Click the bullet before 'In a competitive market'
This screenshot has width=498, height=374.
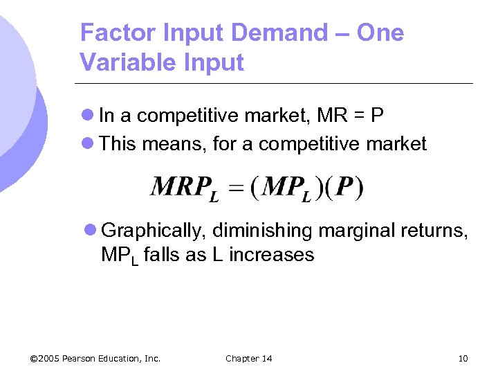(x=88, y=115)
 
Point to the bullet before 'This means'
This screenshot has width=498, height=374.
(x=88, y=144)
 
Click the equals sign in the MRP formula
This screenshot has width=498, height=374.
(x=237, y=188)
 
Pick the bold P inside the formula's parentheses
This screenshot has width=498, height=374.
(x=344, y=187)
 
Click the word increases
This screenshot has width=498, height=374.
(x=271, y=255)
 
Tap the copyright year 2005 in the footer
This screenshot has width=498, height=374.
(x=50, y=358)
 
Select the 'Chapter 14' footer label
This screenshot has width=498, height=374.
(x=249, y=358)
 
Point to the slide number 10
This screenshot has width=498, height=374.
(x=463, y=358)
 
